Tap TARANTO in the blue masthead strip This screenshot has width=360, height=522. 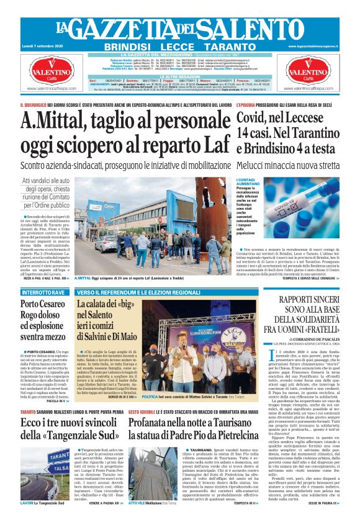click(x=230, y=47)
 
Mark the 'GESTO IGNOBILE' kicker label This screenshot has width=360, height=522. click(x=140, y=411)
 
